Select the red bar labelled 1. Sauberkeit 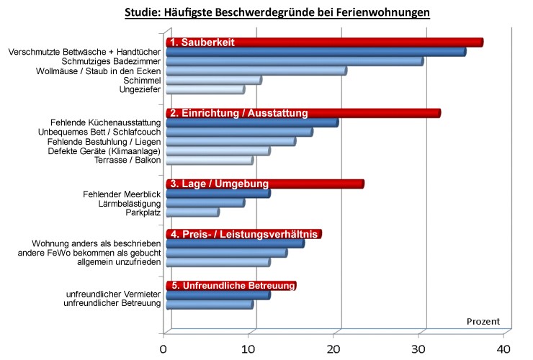pyautogui.click(x=323, y=42)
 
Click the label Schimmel pyautogui.click(x=143, y=80)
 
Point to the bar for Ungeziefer pyautogui.click(x=205, y=90)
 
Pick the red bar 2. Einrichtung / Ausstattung pyautogui.click(x=303, y=114)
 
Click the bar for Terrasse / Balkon pyautogui.click(x=209, y=161)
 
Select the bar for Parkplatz pyautogui.click(x=192, y=212)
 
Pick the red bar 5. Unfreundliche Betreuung pyautogui.click(x=230, y=286)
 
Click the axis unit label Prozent pyautogui.click(x=483, y=321)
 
